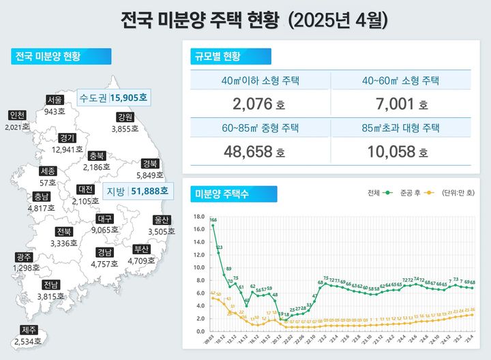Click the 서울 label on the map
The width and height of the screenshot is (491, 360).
[x=55, y=100]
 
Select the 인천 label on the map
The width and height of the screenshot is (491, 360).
[x=17, y=115]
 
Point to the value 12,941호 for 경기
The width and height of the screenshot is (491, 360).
[x=67, y=149]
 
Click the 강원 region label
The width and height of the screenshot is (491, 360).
[x=125, y=117]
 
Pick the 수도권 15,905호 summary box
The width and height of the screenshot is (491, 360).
[x=113, y=97]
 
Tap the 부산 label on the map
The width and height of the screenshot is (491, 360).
[x=141, y=249]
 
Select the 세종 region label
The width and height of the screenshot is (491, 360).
[x=48, y=170]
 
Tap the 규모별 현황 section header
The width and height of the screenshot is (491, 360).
[x=218, y=55]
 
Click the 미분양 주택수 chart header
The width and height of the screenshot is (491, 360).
[x=222, y=194]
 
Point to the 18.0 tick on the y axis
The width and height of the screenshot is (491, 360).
[x=199, y=217]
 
